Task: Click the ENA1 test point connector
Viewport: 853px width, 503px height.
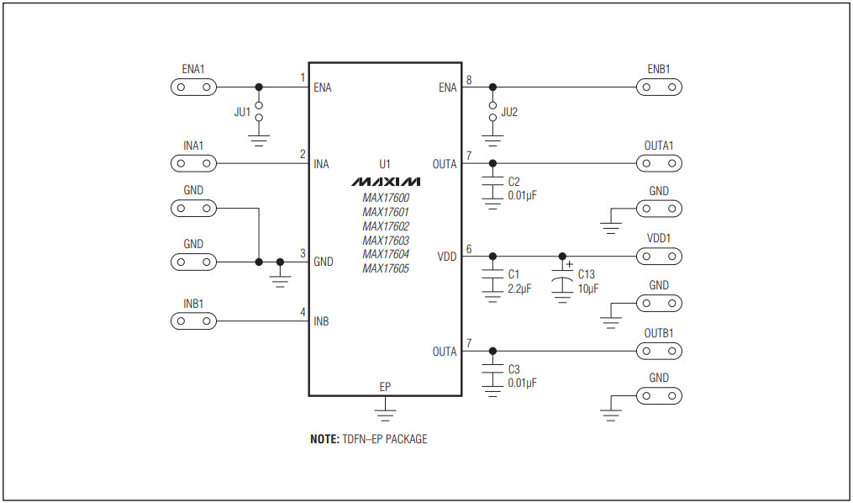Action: [x=193, y=87]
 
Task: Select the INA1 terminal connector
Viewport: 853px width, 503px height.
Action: [x=193, y=163]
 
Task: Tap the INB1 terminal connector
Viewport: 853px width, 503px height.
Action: [x=193, y=321]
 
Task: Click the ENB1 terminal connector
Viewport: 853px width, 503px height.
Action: [x=658, y=87]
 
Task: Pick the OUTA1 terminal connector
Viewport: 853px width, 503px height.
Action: [x=658, y=163]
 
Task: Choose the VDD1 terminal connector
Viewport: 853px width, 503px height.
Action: [x=658, y=256]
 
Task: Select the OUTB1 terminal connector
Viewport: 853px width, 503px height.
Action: [x=658, y=351]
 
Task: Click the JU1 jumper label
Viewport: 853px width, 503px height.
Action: [x=241, y=112]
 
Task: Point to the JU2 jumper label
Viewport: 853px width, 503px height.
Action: [x=510, y=112]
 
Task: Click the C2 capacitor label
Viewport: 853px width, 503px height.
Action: [x=514, y=182]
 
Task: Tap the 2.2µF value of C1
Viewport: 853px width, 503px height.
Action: [x=520, y=289]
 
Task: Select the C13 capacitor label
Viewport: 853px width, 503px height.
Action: [x=586, y=274]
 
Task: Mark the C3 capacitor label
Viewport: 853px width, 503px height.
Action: [x=514, y=369]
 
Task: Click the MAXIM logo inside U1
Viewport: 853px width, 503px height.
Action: [x=385, y=182]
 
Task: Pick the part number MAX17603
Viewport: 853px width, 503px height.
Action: [x=386, y=241]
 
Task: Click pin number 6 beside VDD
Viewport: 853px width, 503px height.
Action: [x=469, y=249]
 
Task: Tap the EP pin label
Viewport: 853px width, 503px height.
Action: [x=385, y=387]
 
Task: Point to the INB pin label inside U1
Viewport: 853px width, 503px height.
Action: [x=321, y=321]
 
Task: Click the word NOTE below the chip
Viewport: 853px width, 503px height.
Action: [x=324, y=439]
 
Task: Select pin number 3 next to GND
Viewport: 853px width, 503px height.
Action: [x=303, y=253]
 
